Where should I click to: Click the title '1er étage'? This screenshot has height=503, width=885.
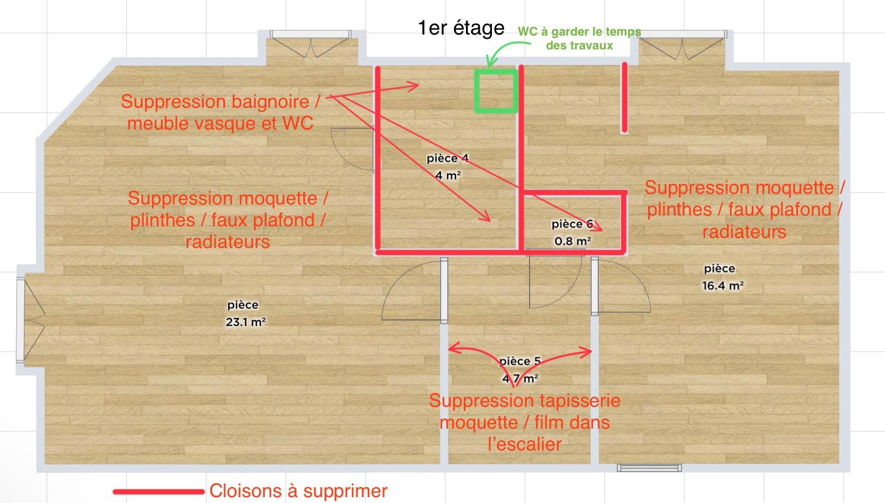click(x=461, y=28)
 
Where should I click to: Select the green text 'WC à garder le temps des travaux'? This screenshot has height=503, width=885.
click(x=579, y=38)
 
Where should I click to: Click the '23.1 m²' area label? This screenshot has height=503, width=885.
click(x=245, y=322)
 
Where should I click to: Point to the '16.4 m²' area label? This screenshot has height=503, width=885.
click(x=722, y=285)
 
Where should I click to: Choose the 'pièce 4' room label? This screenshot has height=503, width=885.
click(x=448, y=158)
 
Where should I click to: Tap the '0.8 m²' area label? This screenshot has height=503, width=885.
click(x=573, y=241)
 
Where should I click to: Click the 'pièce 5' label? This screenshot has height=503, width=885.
click(x=520, y=361)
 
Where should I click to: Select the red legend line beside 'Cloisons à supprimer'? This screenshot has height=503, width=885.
click(x=158, y=491)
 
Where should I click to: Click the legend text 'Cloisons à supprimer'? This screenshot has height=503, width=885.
click(x=299, y=491)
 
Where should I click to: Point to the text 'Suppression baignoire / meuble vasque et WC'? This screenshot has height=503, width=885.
click(x=220, y=113)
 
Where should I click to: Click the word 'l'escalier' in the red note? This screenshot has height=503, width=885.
click(x=525, y=445)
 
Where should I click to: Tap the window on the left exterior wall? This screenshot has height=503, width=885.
click(x=20, y=320)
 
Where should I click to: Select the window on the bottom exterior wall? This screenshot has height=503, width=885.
click(x=649, y=468)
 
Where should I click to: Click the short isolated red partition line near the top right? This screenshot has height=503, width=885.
click(x=624, y=97)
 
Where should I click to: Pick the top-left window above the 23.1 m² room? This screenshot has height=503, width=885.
click(x=311, y=35)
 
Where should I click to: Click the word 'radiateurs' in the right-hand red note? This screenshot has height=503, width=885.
click(x=744, y=232)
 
